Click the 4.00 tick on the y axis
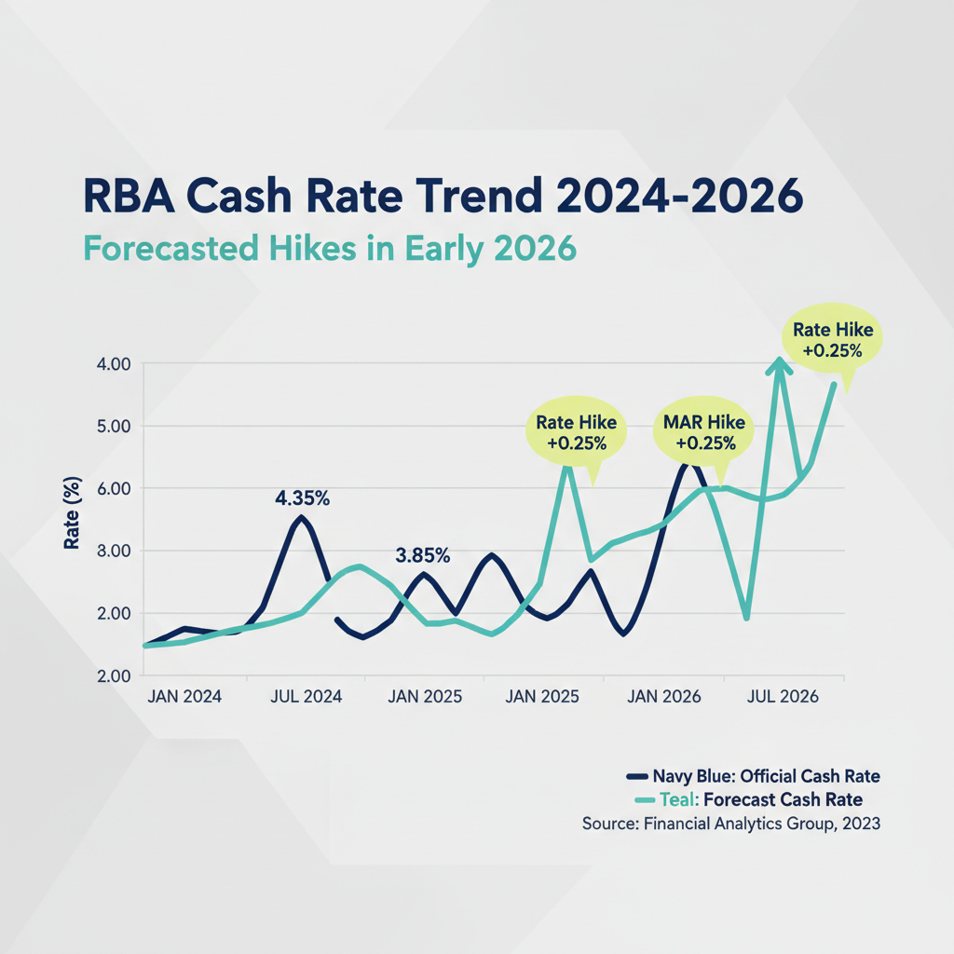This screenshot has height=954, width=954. pyautogui.click(x=116, y=363)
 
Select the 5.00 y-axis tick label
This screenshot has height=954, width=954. pyautogui.click(x=116, y=426)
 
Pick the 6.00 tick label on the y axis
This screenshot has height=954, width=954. pyautogui.click(x=116, y=488)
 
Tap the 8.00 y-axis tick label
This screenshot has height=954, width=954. pyautogui.click(x=116, y=551)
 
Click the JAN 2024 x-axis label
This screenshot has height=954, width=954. pyautogui.click(x=185, y=697)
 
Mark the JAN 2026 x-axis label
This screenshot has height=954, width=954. pyautogui.click(x=662, y=697)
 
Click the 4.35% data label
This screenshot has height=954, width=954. pyautogui.click(x=302, y=498)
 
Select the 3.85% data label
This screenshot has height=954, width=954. pyautogui.click(x=423, y=556)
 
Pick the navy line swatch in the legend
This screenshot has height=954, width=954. pyautogui.click(x=637, y=776)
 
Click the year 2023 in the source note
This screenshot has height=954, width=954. pyautogui.click(x=861, y=824)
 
